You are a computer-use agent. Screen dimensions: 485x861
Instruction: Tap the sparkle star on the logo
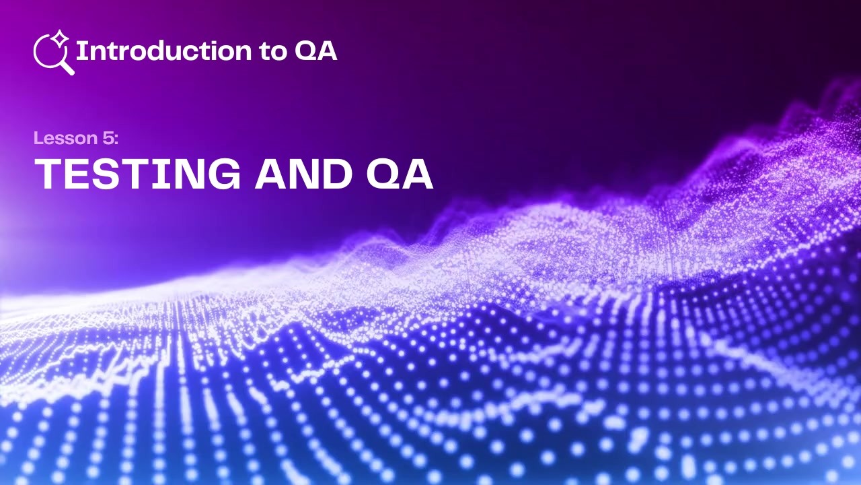(x=61, y=38)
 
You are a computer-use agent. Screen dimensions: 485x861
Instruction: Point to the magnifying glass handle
(x=67, y=67)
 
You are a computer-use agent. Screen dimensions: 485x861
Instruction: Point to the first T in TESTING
(x=48, y=174)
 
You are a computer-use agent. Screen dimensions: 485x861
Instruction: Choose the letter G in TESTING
(x=224, y=174)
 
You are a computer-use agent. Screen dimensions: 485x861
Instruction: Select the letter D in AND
(x=336, y=174)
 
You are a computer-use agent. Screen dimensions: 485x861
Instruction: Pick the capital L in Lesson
(x=38, y=139)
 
